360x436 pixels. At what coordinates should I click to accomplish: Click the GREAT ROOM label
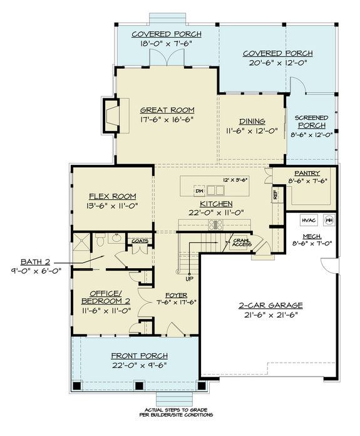pyautogui.click(x=167, y=109)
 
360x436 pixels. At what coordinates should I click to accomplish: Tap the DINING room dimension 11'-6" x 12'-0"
pyautogui.click(x=252, y=132)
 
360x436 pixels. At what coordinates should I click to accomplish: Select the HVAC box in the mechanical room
pyautogui.click(x=308, y=221)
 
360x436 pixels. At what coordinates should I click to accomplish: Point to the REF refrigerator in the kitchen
pyautogui.click(x=275, y=195)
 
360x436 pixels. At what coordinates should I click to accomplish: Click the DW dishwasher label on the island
pyautogui.click(x=199, y=190)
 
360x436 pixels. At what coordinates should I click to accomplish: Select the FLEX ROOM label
pyautogui.click(x=113, y=195)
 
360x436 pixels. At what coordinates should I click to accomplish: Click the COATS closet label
pyautogui.click(x=138, y=239)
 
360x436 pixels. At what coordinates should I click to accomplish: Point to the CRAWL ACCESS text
pyautogui.click(x=242, y=242)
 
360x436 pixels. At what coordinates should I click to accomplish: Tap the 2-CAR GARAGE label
pyautogui.click(x=271, y=305)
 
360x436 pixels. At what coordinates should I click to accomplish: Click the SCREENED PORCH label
pyautogui.click(x=311, y=121)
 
